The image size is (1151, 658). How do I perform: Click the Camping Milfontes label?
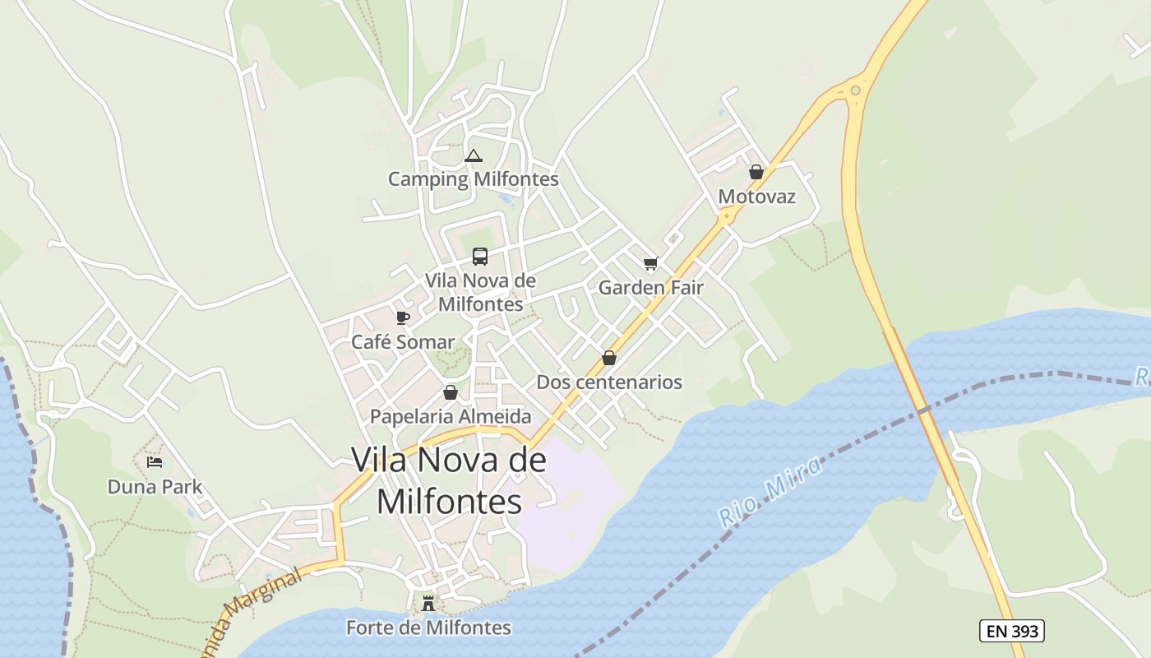(473, 179)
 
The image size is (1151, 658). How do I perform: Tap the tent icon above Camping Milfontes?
(473, 155)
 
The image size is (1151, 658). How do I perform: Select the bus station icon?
(480, 257)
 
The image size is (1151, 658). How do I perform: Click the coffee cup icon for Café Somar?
(402, 317)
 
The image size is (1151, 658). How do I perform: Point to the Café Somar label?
(403, 342)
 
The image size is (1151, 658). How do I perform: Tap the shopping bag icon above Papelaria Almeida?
(450, 392)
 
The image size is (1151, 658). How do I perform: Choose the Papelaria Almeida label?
(451, 417)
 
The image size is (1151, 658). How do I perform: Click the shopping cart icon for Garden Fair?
(650, 264)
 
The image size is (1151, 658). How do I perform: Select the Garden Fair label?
(650, 288)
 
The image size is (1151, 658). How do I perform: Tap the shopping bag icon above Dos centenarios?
(609, 358)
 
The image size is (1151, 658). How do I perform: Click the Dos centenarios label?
(609, 382)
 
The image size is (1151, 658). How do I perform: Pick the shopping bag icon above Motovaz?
(756, 172)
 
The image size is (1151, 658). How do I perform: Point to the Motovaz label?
(756, 197)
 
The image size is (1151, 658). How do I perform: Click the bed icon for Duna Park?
(155, 462)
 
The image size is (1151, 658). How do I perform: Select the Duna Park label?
(155, 487)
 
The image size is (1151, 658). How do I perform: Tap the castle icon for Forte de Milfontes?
(428, 604)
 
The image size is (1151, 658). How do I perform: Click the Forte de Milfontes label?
(428, 628)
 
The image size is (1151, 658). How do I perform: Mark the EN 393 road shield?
(1012, 632)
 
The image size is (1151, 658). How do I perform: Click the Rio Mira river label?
(770, 493)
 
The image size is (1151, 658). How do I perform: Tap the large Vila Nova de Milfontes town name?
(449, 480)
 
